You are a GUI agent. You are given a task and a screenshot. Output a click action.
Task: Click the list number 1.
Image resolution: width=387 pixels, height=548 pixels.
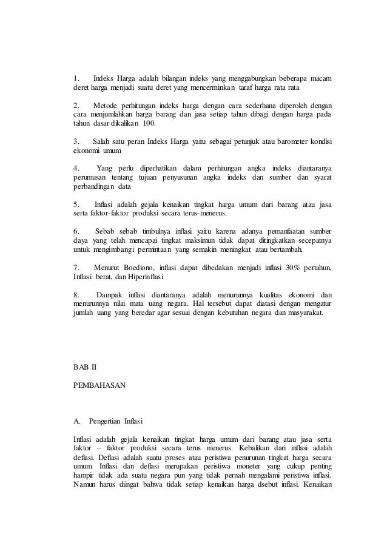76,78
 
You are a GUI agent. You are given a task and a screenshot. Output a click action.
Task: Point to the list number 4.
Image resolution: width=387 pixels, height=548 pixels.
76,167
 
